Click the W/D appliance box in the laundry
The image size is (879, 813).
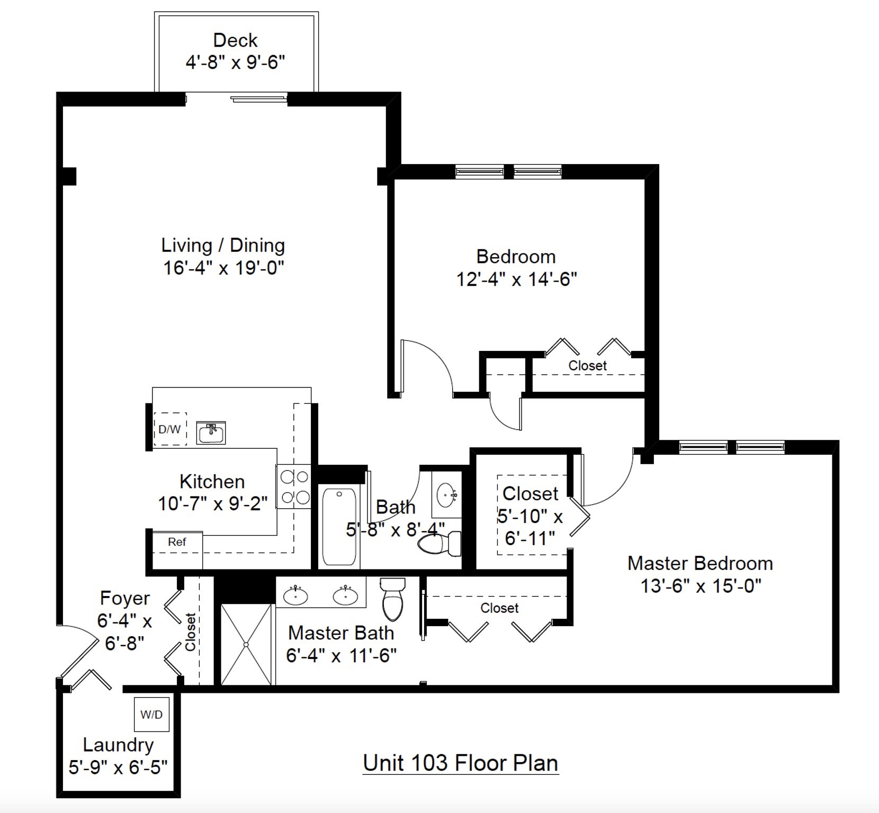151,715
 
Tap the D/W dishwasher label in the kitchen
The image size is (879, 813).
169,429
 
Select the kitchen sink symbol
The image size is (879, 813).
211,433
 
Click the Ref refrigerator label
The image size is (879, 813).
177,542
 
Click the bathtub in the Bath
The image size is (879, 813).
339,527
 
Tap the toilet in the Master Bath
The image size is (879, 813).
392,599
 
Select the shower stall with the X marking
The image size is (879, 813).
246,644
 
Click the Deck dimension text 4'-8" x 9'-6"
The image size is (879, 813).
235,62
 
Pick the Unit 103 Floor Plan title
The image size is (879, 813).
460,763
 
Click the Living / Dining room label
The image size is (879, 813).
223,246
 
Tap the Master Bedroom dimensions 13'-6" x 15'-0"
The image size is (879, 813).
701,586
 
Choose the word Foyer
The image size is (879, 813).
125,598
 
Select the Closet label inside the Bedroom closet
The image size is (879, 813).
587,365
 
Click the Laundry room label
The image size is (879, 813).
118,745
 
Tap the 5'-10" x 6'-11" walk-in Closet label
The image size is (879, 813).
530,516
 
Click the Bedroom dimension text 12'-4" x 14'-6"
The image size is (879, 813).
516,279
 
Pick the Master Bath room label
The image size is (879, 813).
341,633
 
